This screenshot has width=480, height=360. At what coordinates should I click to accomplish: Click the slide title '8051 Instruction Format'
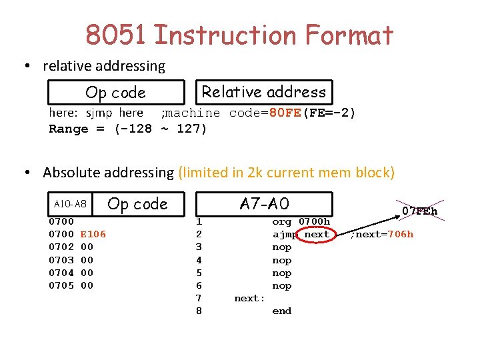pyautogui.click(x=239, y=35)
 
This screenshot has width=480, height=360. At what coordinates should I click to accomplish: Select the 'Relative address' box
pyautogui.click(x=264, y=92)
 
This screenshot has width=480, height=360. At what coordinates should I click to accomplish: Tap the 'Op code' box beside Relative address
pyautogui.click(x=115, y=93)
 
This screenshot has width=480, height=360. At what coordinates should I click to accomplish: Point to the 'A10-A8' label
pyautogui.click(x=70, y=203)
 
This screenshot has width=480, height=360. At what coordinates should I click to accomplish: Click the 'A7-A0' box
pyautogui.click(x=265, y=203)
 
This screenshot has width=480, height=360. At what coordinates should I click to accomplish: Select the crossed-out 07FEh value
pyautogui.click(x=419, y=211)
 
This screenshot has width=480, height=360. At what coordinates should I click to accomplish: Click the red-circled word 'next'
pyautogui.click(x=317, y=234)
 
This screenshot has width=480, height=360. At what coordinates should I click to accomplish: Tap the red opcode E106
pyautogui.click(x=93, y=234)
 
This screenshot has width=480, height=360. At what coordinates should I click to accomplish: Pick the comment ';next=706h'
pyautogui.click(x=382, y=234)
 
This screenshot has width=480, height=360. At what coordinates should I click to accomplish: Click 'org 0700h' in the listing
pyautogui.click(x=301, y=221)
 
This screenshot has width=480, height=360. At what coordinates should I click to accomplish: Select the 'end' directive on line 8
pyautogui.click(x=281, y=311)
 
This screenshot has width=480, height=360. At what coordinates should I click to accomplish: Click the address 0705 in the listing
pyautogui.click(x=61, y=285)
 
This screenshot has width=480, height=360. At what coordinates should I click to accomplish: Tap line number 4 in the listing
pyautogui.click(x=199, y=260)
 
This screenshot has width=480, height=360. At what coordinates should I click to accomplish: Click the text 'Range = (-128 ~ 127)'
pyautogui.click(x=128, y=129)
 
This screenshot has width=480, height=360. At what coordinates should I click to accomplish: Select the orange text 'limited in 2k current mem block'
pyautogui.click(x=286, y=173)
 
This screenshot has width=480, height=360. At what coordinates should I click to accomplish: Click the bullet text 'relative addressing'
pyautogui.click(x=104, y=66)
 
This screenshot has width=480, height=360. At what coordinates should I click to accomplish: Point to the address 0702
pyautogui.click(x=61, y=247)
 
